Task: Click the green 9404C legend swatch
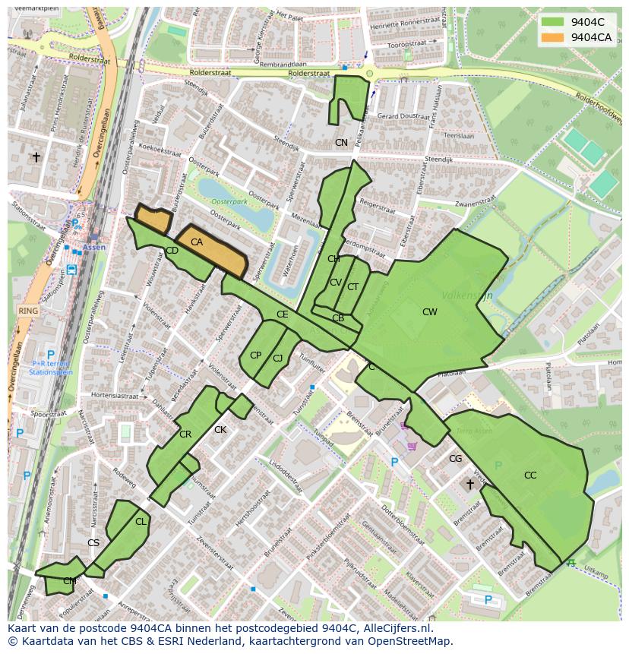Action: (x=552, y=22)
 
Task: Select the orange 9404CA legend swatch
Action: (x=552, y=37)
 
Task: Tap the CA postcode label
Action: (x=197, y=242)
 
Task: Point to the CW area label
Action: (x=430, y=312)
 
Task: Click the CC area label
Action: (x=530, y=475)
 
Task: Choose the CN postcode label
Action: (x=341, y=143)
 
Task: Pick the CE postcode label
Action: (x=282, y=314)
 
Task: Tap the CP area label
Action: (x=255, y=355)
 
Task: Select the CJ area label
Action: (x=278, y=359)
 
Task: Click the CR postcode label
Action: (x=185, y=435)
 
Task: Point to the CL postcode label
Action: (x=141, y=522)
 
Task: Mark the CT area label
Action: (x=352, y=287)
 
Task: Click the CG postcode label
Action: (x=455, y=459)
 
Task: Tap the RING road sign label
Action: (x=28, y=311)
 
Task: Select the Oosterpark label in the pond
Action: (x=230, y=202)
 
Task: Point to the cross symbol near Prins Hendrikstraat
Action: (x=36, y=157)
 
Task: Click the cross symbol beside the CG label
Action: (x=470, y=484)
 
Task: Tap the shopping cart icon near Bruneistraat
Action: (x=412, y=447)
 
